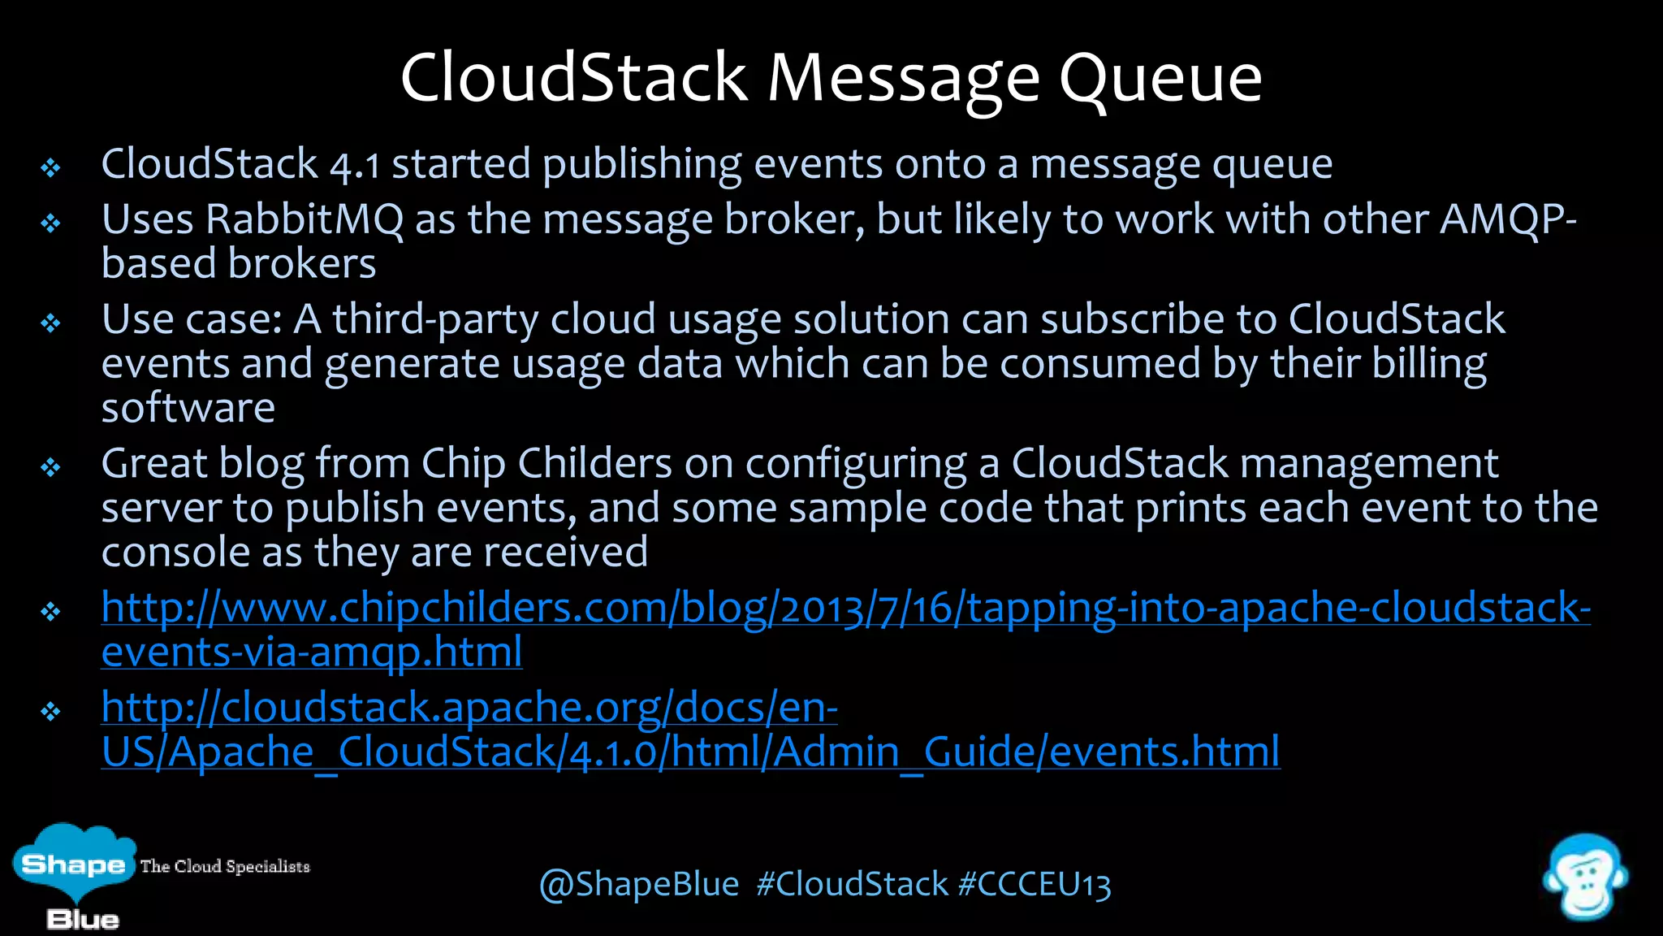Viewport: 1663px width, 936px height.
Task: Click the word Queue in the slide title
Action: pos(1160,80)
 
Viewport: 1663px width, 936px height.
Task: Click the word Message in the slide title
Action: pos(903,80)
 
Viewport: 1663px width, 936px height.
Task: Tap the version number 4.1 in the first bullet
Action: pos(355,166)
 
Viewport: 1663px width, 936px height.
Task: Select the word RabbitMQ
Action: pos(305,220)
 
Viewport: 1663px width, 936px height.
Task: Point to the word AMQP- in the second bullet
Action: pos(1508,220)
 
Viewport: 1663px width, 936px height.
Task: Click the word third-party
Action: pos(435,320)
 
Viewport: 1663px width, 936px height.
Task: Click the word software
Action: pos(188,408)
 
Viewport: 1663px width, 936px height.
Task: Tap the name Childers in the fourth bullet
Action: pos(595,465)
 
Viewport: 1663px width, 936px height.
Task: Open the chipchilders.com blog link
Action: pos(844,609)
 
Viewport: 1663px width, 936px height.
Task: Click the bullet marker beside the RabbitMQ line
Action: pos(51,223)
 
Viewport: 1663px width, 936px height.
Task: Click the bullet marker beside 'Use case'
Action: pos(51,323)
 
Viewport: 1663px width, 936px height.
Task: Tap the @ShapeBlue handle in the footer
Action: pos(639,885)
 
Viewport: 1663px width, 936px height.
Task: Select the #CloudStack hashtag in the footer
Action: pos(852,885)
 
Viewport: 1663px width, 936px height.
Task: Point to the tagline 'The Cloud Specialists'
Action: pos(225,867)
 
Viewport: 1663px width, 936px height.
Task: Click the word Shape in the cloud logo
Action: pos(73,864)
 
